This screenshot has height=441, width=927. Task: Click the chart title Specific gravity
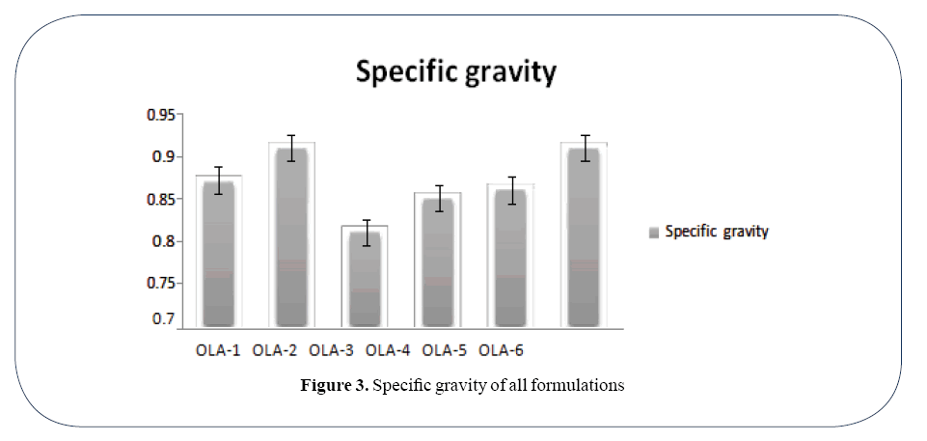(456, 72)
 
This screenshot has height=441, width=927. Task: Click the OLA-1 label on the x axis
(218, 350)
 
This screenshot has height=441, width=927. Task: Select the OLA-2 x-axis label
(275, 350)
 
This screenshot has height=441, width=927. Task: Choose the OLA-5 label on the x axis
(445, 350)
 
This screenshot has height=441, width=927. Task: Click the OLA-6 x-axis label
(501, 350)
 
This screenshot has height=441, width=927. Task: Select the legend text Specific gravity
(717, 232)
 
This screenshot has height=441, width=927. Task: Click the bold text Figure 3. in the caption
(335, 386)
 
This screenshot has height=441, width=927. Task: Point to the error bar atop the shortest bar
(366, 233)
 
